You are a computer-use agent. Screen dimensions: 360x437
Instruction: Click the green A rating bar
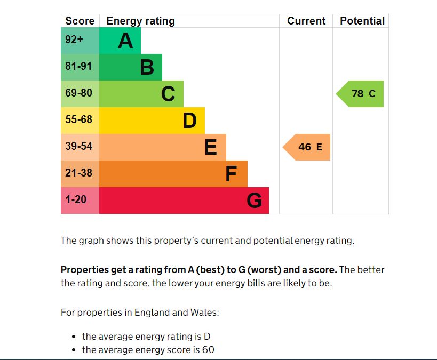coord(120,41)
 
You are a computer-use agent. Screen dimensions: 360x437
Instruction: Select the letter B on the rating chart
coord(147,68)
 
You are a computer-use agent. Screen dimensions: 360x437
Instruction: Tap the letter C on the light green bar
coord(168,94)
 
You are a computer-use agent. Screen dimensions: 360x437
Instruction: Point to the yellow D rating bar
coord(152,121)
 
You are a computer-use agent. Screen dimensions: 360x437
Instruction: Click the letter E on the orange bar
coord(211,147)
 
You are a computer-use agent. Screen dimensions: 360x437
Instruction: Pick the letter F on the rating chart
coord(231,174)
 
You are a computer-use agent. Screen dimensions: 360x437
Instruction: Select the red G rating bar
coord(184,201)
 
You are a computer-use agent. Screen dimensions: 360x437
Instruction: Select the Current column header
coord(306,21)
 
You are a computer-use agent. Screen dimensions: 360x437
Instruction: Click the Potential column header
coord(362,21)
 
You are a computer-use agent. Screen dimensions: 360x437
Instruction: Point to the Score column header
coord(80,21)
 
